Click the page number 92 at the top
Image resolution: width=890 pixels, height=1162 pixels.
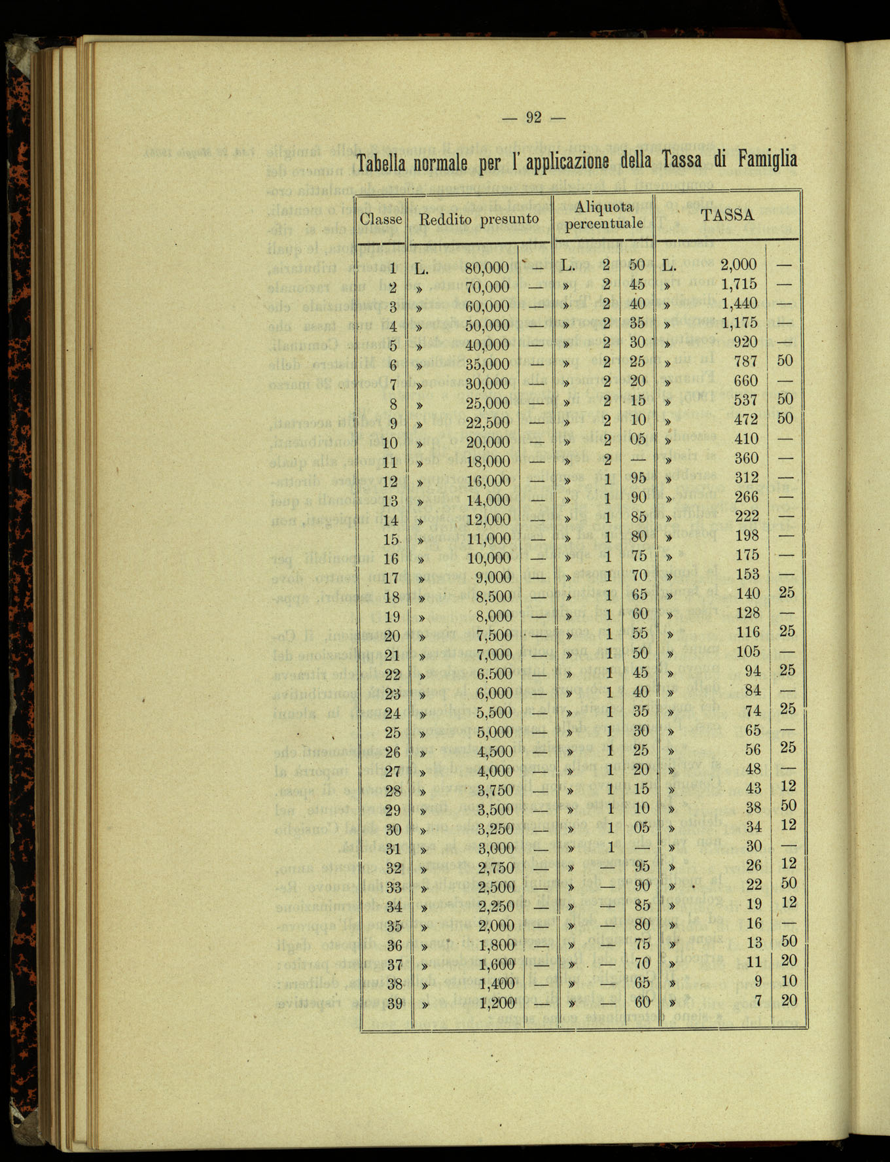coord(533,118)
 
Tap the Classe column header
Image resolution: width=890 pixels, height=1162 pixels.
coord(381,219)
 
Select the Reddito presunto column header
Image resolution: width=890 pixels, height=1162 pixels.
coord(479,219)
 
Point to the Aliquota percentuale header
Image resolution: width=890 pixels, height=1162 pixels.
coord(604,215)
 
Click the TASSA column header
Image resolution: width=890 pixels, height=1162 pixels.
coord(728,215)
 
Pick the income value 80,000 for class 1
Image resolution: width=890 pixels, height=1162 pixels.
coord(487,268)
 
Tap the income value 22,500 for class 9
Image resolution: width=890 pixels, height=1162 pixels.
coord(487,423)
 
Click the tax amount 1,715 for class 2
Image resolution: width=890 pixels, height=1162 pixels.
coord(739,284)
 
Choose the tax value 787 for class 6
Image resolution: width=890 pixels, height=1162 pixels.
coord(746,361)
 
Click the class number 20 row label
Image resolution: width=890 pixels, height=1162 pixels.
coord(391,636)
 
